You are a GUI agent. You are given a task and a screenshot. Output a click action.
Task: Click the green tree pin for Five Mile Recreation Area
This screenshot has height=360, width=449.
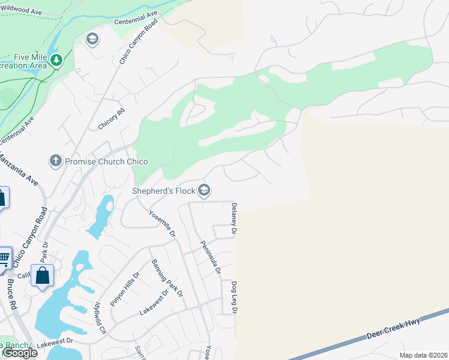[56, 59]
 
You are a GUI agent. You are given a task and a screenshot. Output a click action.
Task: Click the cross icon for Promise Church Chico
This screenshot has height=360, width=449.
[55, 161]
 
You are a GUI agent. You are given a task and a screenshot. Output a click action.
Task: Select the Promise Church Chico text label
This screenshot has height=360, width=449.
[106, 161]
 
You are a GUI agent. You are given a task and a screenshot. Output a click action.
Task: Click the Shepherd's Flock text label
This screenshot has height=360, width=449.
[164, 191]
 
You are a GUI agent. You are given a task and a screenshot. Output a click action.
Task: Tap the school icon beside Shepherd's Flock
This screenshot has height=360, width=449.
[204, 191]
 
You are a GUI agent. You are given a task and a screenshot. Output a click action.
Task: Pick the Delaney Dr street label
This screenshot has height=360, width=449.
[234, 218]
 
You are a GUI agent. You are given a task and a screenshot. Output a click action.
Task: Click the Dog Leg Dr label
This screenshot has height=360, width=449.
[234, 298]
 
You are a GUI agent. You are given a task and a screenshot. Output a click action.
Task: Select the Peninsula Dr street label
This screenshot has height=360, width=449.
[210, 257]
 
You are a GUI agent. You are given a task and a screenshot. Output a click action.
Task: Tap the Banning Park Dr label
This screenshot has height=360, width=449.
[167, 278]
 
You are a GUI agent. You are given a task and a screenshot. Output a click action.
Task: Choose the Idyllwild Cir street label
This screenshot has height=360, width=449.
[99, 318]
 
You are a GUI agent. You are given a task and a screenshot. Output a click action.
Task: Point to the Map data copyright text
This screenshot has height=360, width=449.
[423, 355]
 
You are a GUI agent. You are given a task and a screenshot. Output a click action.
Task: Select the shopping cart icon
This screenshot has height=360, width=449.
[4, 258]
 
